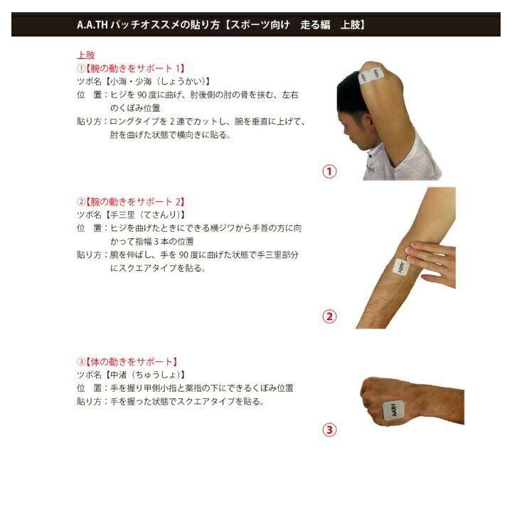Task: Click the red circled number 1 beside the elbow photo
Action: (x=329, y=171)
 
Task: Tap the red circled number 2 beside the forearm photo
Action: (x=329, y=316)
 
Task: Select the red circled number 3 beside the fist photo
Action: (x=329, y=430)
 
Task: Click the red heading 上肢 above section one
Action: (x=86, y=55)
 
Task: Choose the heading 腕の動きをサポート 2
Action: (x=135, y=202)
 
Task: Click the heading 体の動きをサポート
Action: (x=132, y=362)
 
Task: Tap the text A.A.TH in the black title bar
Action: (x=92, y=25)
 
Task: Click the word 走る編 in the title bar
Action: (x=315, y=25)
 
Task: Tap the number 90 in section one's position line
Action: (x=142, y=95)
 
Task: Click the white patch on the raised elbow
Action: (x=370, y=76)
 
